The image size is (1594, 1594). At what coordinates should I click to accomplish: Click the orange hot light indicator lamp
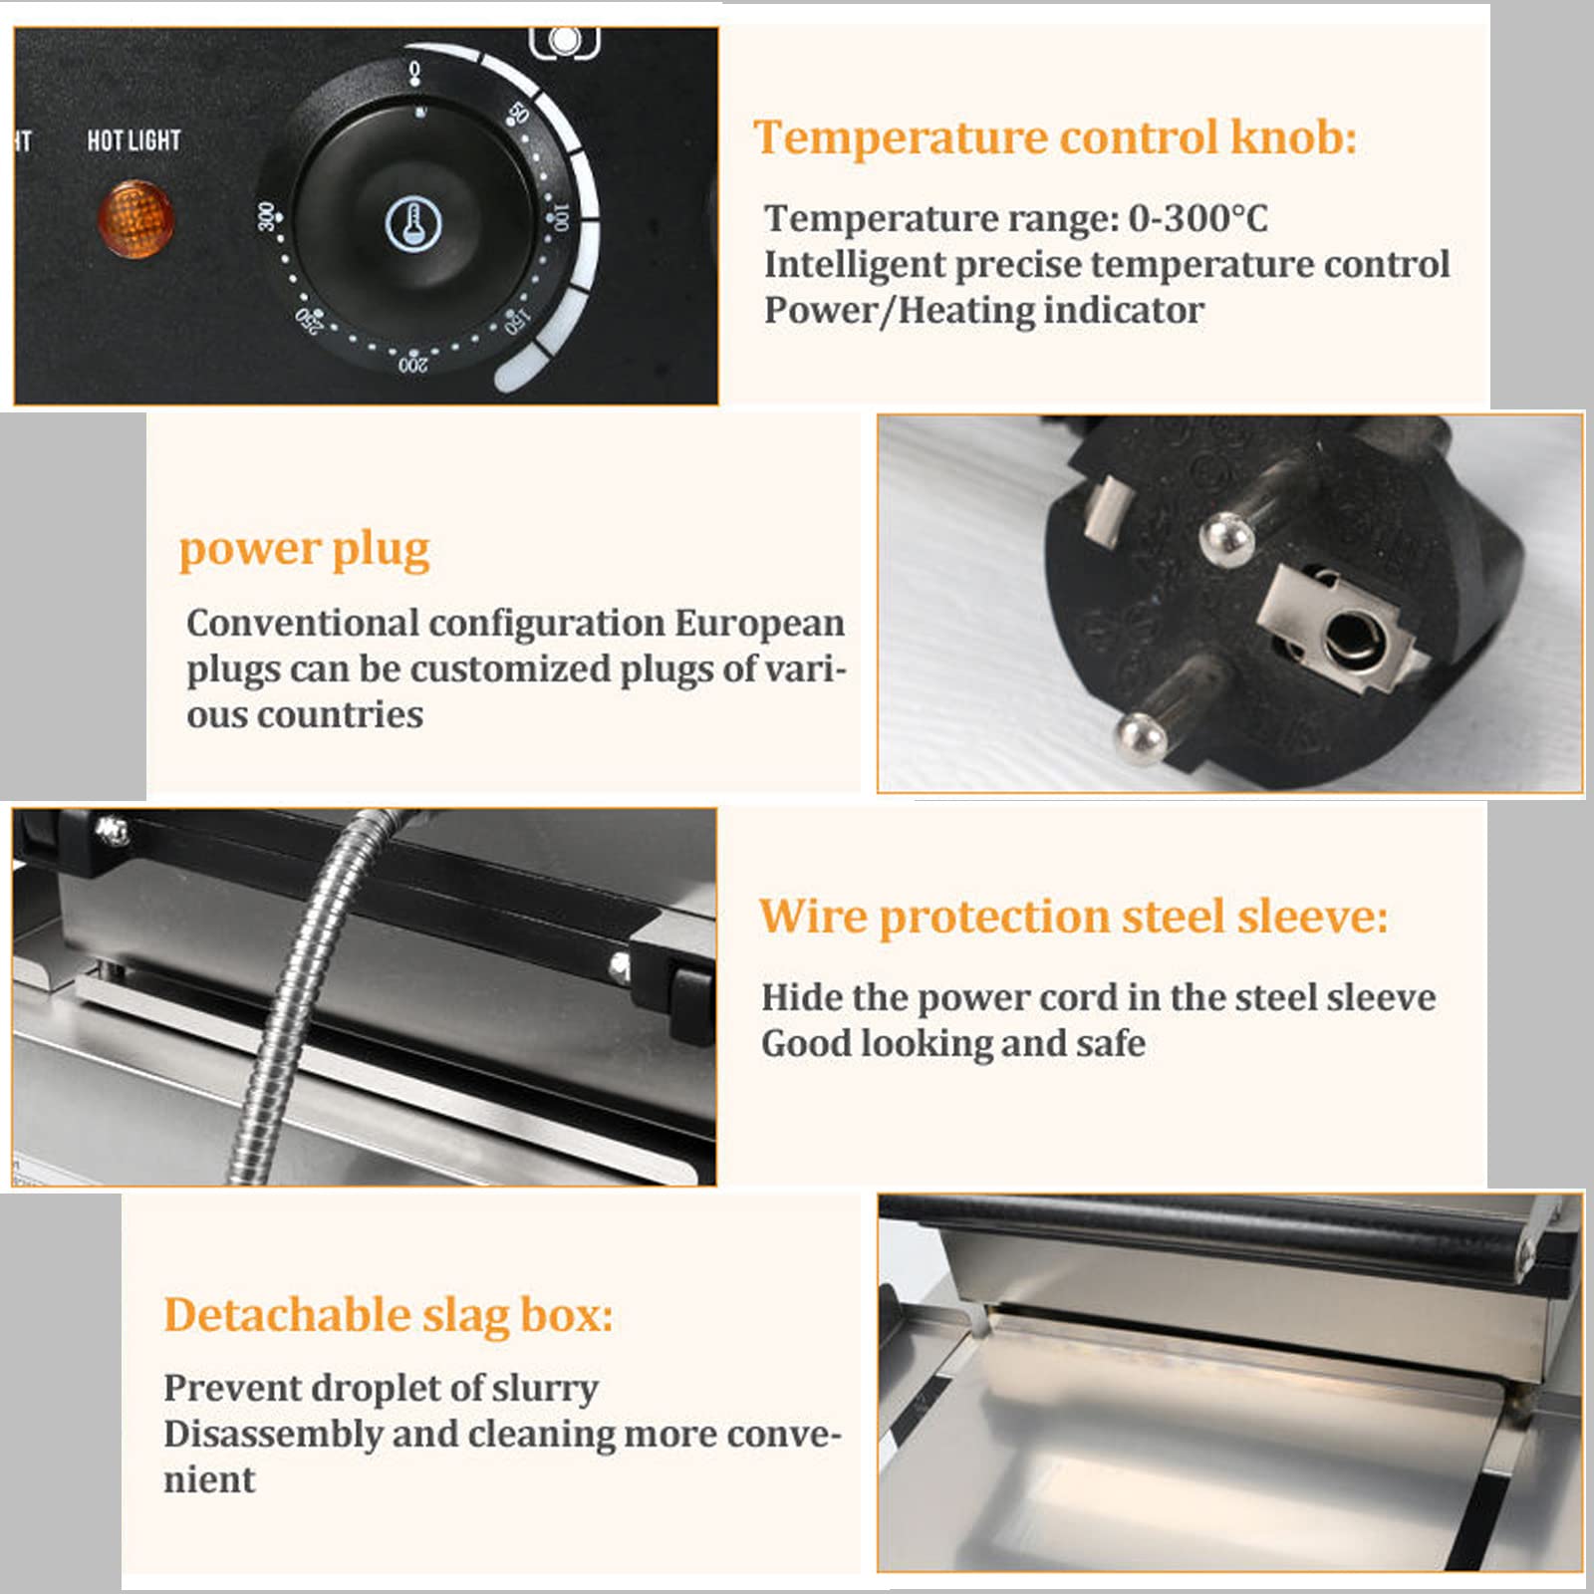[x=135, y=219]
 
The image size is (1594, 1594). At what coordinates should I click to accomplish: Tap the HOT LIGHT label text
[x=134, y=140]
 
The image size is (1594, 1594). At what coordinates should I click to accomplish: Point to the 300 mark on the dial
[x=266, y=216]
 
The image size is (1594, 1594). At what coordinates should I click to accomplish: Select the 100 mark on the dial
[x=561, y=217]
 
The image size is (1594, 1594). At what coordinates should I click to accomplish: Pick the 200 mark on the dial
[x=413, y=365]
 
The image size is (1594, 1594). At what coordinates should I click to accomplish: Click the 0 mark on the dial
[x=415, y=71]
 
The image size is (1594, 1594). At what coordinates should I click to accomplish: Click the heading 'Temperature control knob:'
[x=1055, y=136]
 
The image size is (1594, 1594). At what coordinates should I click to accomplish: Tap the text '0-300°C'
[x=1198, y=218]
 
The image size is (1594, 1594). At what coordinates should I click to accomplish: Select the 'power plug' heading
[x=305, y=550]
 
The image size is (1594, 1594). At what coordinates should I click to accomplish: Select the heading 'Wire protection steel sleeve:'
[x=1074, y=916]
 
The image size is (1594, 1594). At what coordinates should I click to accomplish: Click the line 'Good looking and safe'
[x=953, y=1044]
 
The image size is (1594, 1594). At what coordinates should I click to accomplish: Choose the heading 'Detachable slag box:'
[x=389, y=1315]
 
